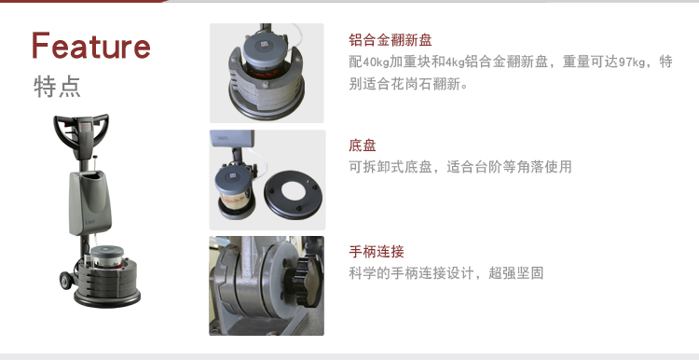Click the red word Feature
pos(91,46)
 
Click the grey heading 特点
pos(57,86)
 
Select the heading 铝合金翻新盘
pos(391,40)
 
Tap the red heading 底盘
pos(363,145)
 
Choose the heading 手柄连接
pos(377,252)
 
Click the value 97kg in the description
pos(631,62)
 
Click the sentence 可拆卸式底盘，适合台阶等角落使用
pos(460,167)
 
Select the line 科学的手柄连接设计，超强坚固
pos(446,273)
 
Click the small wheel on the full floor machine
pos(66,281)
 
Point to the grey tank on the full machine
pos(89,202)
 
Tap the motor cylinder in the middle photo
pos(232,188)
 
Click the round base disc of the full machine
pos(107,297)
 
